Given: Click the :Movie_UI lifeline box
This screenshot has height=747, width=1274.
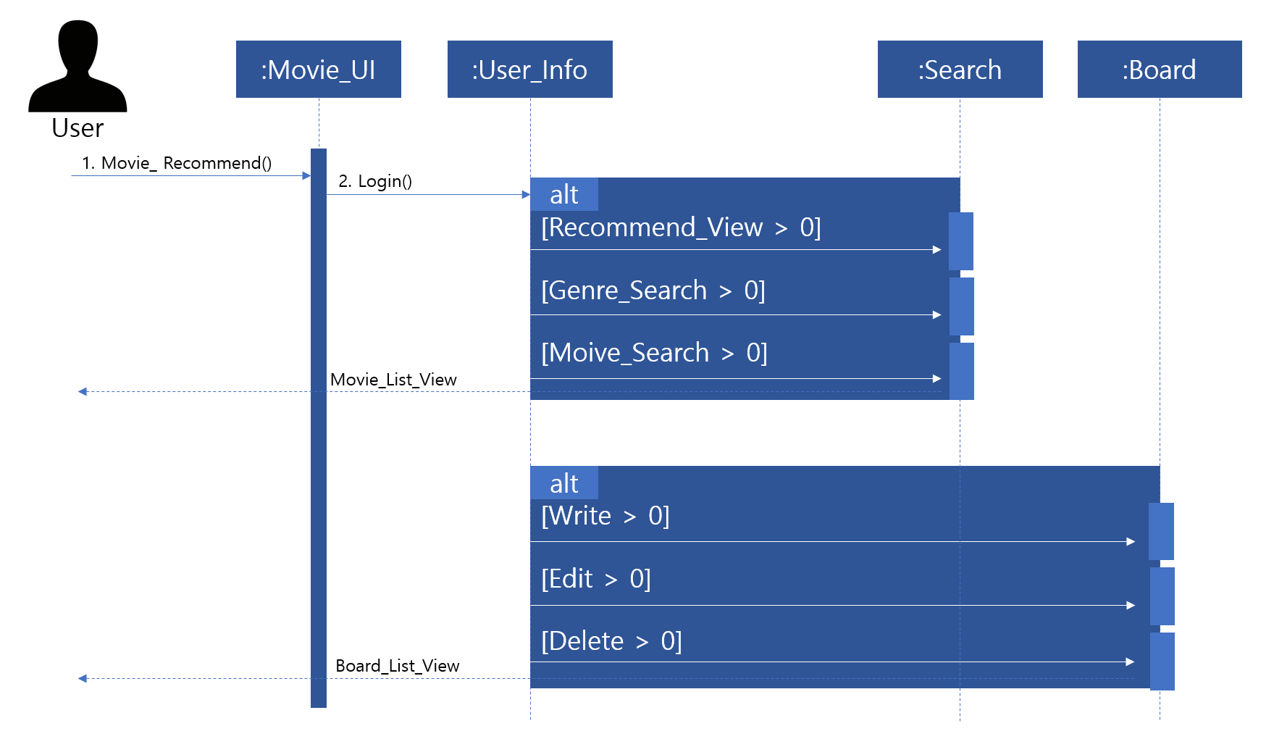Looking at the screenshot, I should coord(318,70).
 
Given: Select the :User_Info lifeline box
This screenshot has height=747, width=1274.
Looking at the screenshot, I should coord(529,70).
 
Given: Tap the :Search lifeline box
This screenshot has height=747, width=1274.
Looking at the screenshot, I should coord(960,70).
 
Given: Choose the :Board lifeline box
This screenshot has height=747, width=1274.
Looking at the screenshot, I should coord(1159,70).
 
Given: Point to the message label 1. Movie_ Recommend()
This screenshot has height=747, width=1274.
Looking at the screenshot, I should coord(177,163).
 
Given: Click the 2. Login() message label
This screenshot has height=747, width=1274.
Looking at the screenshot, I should coord(375,181).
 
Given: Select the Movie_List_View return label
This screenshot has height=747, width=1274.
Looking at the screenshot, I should coord(393,380).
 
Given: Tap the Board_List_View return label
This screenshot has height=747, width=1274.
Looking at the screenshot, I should coord(397,666).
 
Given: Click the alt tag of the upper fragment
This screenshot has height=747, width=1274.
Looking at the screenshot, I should coord(563,194).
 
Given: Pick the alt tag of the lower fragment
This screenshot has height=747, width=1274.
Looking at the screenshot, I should coord(563,483).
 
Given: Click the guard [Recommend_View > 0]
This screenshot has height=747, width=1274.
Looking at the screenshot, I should coord(681,228).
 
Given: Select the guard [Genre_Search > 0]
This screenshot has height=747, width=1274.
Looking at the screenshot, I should coord(653,291).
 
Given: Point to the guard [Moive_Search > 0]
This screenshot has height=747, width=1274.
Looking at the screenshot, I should coord(654,353).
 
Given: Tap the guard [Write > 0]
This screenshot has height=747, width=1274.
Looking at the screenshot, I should coord(605,516).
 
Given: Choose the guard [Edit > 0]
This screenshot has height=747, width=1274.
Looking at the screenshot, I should coord(595,579).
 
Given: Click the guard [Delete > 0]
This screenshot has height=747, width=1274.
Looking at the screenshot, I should coord(611,641).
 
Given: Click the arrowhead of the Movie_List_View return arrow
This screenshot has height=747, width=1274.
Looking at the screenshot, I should coord(83,392).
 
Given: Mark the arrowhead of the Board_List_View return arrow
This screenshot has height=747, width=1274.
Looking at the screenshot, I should coord(83,679).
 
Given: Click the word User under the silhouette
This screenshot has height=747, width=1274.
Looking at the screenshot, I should coord(77,128).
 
